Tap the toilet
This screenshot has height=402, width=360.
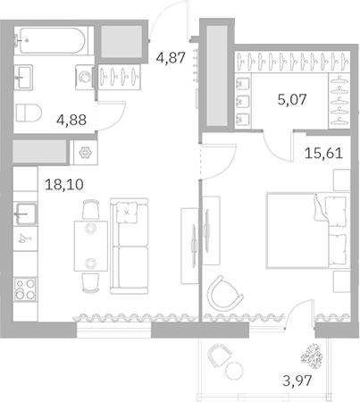29,113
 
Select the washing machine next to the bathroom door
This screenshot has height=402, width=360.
85,77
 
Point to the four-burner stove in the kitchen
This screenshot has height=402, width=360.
24,289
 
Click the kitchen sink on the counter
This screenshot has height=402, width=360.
25,214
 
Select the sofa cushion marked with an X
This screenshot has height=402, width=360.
129,214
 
